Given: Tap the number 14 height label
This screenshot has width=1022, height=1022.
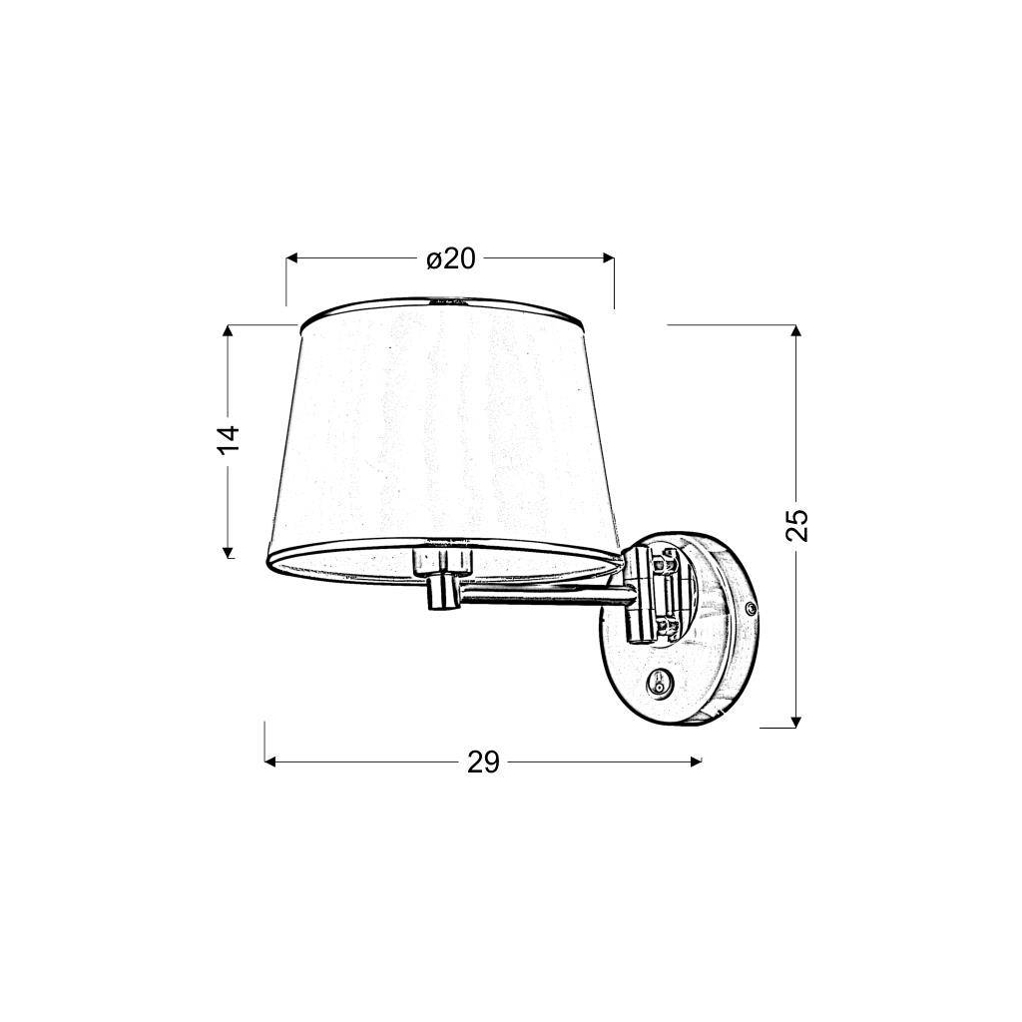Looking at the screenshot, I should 230,439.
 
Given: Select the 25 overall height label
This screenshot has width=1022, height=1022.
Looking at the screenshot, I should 797,525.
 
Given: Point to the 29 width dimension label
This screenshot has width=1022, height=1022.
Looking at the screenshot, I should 483,763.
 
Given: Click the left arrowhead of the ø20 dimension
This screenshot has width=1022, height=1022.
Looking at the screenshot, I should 292,258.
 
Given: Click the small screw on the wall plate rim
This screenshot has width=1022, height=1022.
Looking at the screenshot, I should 752,607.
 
